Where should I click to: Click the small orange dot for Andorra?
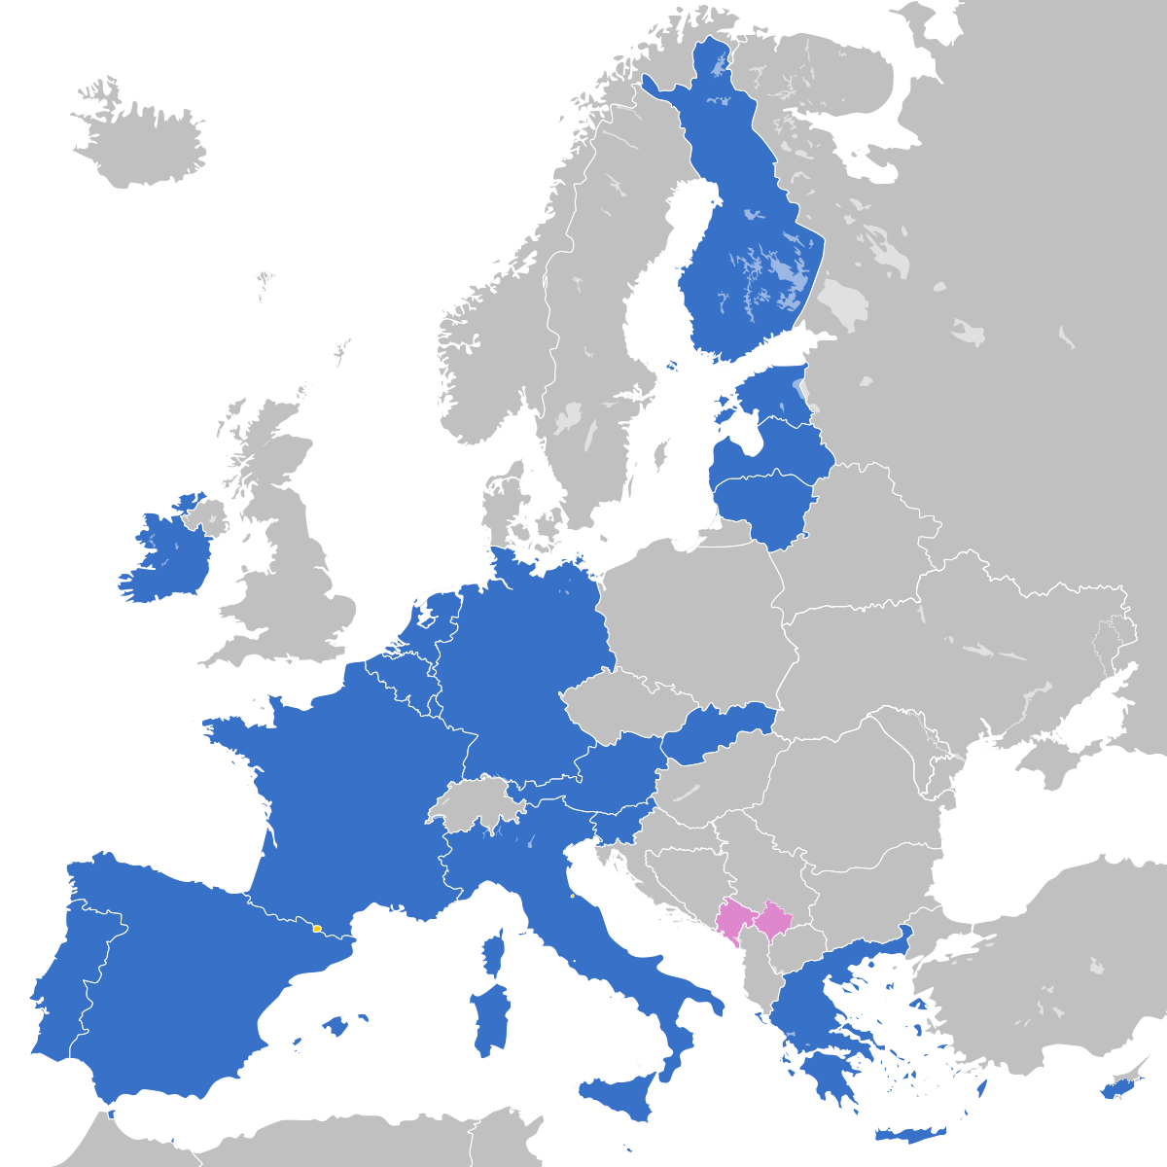point(317,929)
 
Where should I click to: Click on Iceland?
point(141,141)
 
